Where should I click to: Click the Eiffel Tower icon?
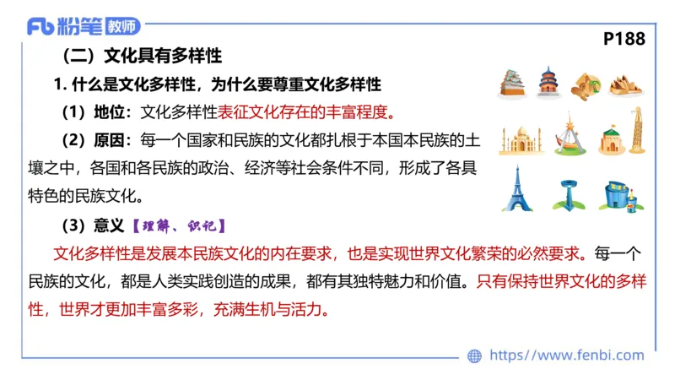pos(516,188)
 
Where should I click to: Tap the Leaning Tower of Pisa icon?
pos(635,131)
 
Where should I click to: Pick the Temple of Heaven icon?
pos(548,82)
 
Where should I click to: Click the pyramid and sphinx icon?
pos(586,84)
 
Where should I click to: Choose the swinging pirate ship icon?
pos(570,134)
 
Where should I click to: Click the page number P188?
pos(624,39)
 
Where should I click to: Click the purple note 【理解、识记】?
pos(178,225)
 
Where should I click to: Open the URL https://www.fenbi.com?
pos(566,356)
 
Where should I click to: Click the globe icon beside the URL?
pos(474,356)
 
